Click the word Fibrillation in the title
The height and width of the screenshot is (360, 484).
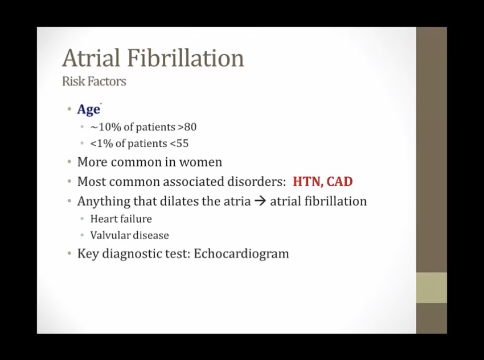(185, 58)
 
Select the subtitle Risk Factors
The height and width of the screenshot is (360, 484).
(94, 81)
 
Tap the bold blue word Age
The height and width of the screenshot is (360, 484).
(89, 109)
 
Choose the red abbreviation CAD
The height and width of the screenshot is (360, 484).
(339, 182)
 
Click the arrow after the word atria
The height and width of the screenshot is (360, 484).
(260, 201)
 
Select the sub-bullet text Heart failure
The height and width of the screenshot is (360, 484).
(121, 219)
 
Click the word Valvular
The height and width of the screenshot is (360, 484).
(109, 235)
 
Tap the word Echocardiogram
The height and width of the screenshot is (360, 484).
(241, 254)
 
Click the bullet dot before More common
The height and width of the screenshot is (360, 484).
(69, 162)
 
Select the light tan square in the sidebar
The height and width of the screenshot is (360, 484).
(432, 288)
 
